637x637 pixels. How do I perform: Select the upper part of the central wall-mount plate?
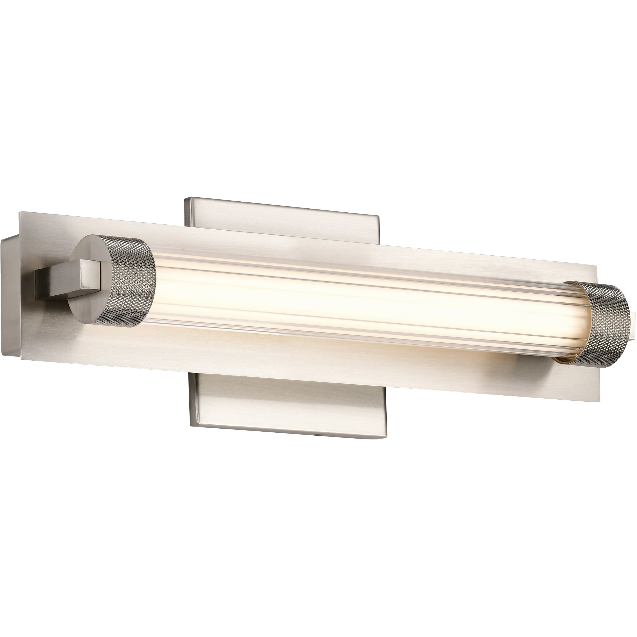point(280,214)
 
